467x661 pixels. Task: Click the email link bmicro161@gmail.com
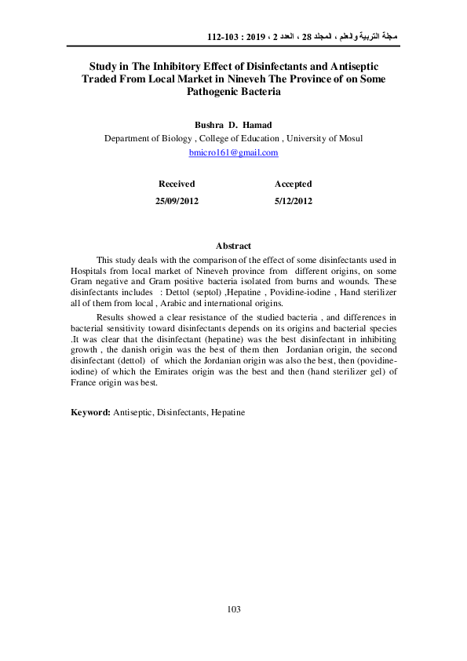point(234,152)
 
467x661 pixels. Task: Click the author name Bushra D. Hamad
point(234,125)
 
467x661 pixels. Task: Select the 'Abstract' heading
point(233,246)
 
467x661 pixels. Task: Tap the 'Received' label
point(177,184)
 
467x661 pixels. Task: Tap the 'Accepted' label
point(293,184)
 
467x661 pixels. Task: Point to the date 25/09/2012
point(177,201)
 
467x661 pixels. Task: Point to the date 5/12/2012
point(294,201)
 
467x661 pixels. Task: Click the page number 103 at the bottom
point(233,609)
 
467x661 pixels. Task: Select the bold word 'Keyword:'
point(90,411)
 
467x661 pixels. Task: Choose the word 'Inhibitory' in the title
point(170,67)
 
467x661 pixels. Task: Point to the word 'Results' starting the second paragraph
point(111,316)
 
